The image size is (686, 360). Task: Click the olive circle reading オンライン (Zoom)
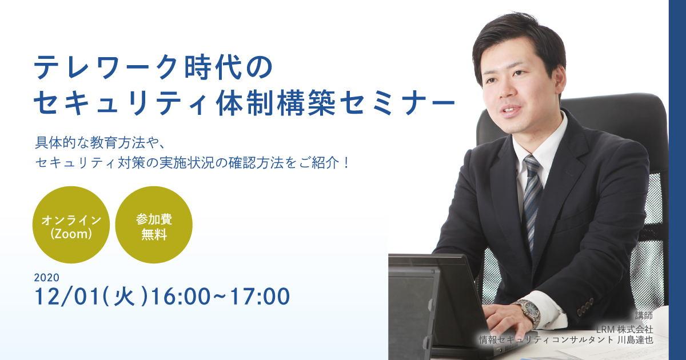click(x=71, y=225)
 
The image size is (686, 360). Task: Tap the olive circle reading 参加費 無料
click(x=154, y=225)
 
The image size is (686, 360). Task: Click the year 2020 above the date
click(x=46, y=278)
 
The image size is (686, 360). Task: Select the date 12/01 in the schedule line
click(x=67, y=297)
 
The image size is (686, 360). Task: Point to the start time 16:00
click(x=181, y=297)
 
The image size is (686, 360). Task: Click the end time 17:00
click(x=260, y=297)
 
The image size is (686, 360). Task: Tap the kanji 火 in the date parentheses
click(x=124, y=297)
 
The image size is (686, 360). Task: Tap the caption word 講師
click(x=644, y=315)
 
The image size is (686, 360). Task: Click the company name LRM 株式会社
click(x=624, y=329)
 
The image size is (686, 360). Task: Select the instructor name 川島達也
click(x=635, y=340)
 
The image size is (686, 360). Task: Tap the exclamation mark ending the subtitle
click(x=346, y=162)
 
